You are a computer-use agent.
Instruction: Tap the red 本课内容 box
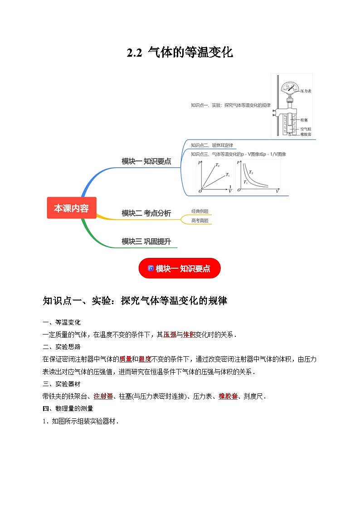(72, 208)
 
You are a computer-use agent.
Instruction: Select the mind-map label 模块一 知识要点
(146, 161)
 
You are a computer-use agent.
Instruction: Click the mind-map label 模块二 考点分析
(146, 213)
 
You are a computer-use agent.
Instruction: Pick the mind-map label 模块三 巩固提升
(146, 241)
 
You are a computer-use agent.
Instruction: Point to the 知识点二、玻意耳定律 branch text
(212, 145)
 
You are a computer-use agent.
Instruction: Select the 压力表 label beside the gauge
(306, 91)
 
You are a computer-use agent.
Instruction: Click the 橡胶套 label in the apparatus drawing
(306, 134)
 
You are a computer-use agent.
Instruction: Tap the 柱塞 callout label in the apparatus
(304, 120)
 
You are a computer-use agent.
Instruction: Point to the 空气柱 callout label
(306, 129)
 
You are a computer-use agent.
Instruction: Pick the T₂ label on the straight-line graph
(218, 165)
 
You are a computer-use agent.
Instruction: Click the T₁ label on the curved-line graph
(245, 182)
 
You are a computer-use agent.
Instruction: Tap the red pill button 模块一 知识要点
(180, 268)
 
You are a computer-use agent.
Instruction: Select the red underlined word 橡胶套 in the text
(228, 396)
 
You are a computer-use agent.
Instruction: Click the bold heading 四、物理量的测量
(68, 408)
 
